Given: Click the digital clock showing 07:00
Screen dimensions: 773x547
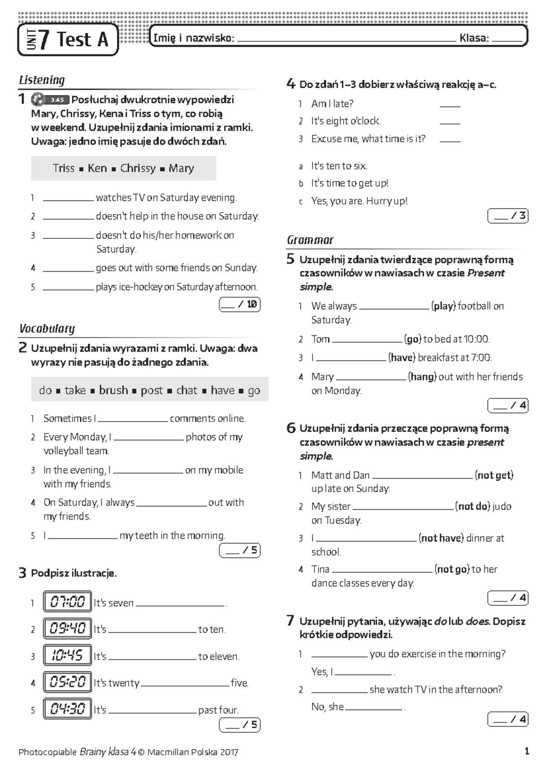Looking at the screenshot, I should click(x=67, y=602).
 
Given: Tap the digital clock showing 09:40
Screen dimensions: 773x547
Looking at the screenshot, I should click(x=67, y=629).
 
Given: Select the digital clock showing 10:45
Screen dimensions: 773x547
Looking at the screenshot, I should click(x=67, y=655).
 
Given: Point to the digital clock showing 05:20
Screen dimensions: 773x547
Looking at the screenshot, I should click(x=67, y=682).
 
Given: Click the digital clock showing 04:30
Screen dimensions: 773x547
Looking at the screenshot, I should click(x=67, y=709).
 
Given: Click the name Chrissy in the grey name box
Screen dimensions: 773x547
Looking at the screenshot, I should click(x=138, y=168).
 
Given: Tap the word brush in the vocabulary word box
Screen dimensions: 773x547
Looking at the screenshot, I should click(x=113, y=390).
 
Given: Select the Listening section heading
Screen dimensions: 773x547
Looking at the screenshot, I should click(x=42, y=80).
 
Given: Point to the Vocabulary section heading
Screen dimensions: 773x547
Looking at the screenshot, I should click(x=47, y=329).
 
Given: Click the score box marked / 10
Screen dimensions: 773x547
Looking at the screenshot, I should click(x=240, y=304).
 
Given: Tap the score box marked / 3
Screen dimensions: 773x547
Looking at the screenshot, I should click(x=508, y=216).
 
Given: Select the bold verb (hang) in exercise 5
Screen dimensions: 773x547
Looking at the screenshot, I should click(x=422, y=377).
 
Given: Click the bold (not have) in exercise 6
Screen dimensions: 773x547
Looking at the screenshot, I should click(x=441, y=538).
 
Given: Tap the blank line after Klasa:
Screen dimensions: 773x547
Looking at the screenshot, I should click(x=507, y=40).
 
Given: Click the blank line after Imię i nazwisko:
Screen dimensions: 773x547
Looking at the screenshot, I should click(x=346, y=40).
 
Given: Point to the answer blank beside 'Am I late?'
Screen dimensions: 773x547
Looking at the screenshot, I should click(x=450, y=105).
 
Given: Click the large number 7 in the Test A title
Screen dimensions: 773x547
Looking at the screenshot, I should click(x=44, y=40).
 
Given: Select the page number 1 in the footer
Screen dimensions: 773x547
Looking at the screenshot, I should click(x=526, y=752).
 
